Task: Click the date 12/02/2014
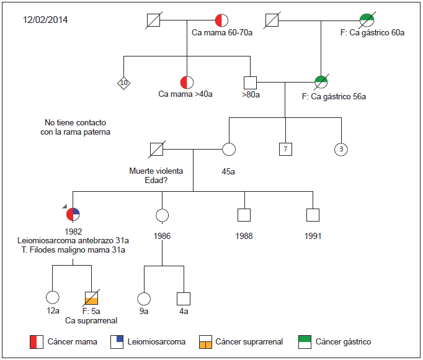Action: point(45,19)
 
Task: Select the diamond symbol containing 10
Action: point(123,82)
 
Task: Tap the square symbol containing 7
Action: point(285,149)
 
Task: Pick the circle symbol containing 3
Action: point(341,149)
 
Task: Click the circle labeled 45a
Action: point(229,149)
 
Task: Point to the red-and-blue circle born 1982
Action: point(73,215)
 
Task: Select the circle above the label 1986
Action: point(163,215)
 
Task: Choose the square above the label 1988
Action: point(244,215)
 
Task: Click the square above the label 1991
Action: point(313,215)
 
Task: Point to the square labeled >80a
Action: point(251,82)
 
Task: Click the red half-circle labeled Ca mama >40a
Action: point(187,82)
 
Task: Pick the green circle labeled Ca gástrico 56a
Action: point(321,82)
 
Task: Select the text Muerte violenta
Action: point(156,171)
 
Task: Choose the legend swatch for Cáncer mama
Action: point(37,341)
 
